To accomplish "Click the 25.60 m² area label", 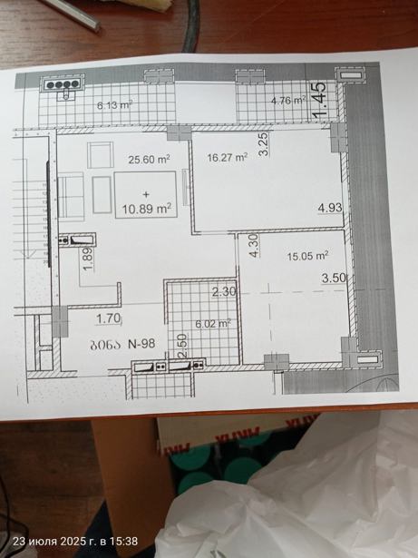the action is [x=149, y=160].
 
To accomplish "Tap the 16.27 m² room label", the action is [x=228, y=157].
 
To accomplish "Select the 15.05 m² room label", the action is [x=307, y=256].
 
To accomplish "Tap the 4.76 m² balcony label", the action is [x=288, y=101].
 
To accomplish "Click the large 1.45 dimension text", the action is [x=319, y=100].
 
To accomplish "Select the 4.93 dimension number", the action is [x=330, y=208].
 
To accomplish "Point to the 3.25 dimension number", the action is [x=265, y=143].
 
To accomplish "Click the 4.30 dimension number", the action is [x=255, y=245].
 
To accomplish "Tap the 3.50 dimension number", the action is [x=334, y=278].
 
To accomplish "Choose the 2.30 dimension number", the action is [x=224, y=292].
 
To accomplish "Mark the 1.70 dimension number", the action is [x=109, y=318].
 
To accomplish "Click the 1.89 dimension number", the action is [x=88, y=259].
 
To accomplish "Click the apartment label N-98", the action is [x=141, y=344].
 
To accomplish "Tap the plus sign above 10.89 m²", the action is [x=146, y=195].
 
